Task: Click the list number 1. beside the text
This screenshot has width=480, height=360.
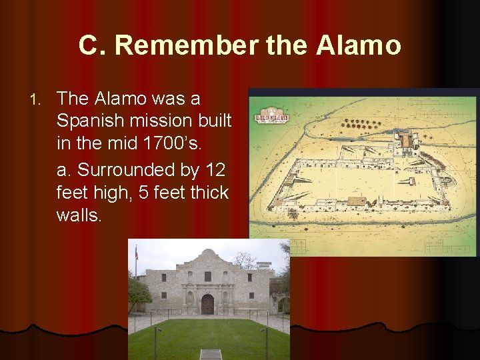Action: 37,99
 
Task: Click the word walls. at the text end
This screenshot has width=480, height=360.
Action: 79,215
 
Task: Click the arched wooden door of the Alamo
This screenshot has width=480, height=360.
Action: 207,304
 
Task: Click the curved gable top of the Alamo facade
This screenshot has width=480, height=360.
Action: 207,255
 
